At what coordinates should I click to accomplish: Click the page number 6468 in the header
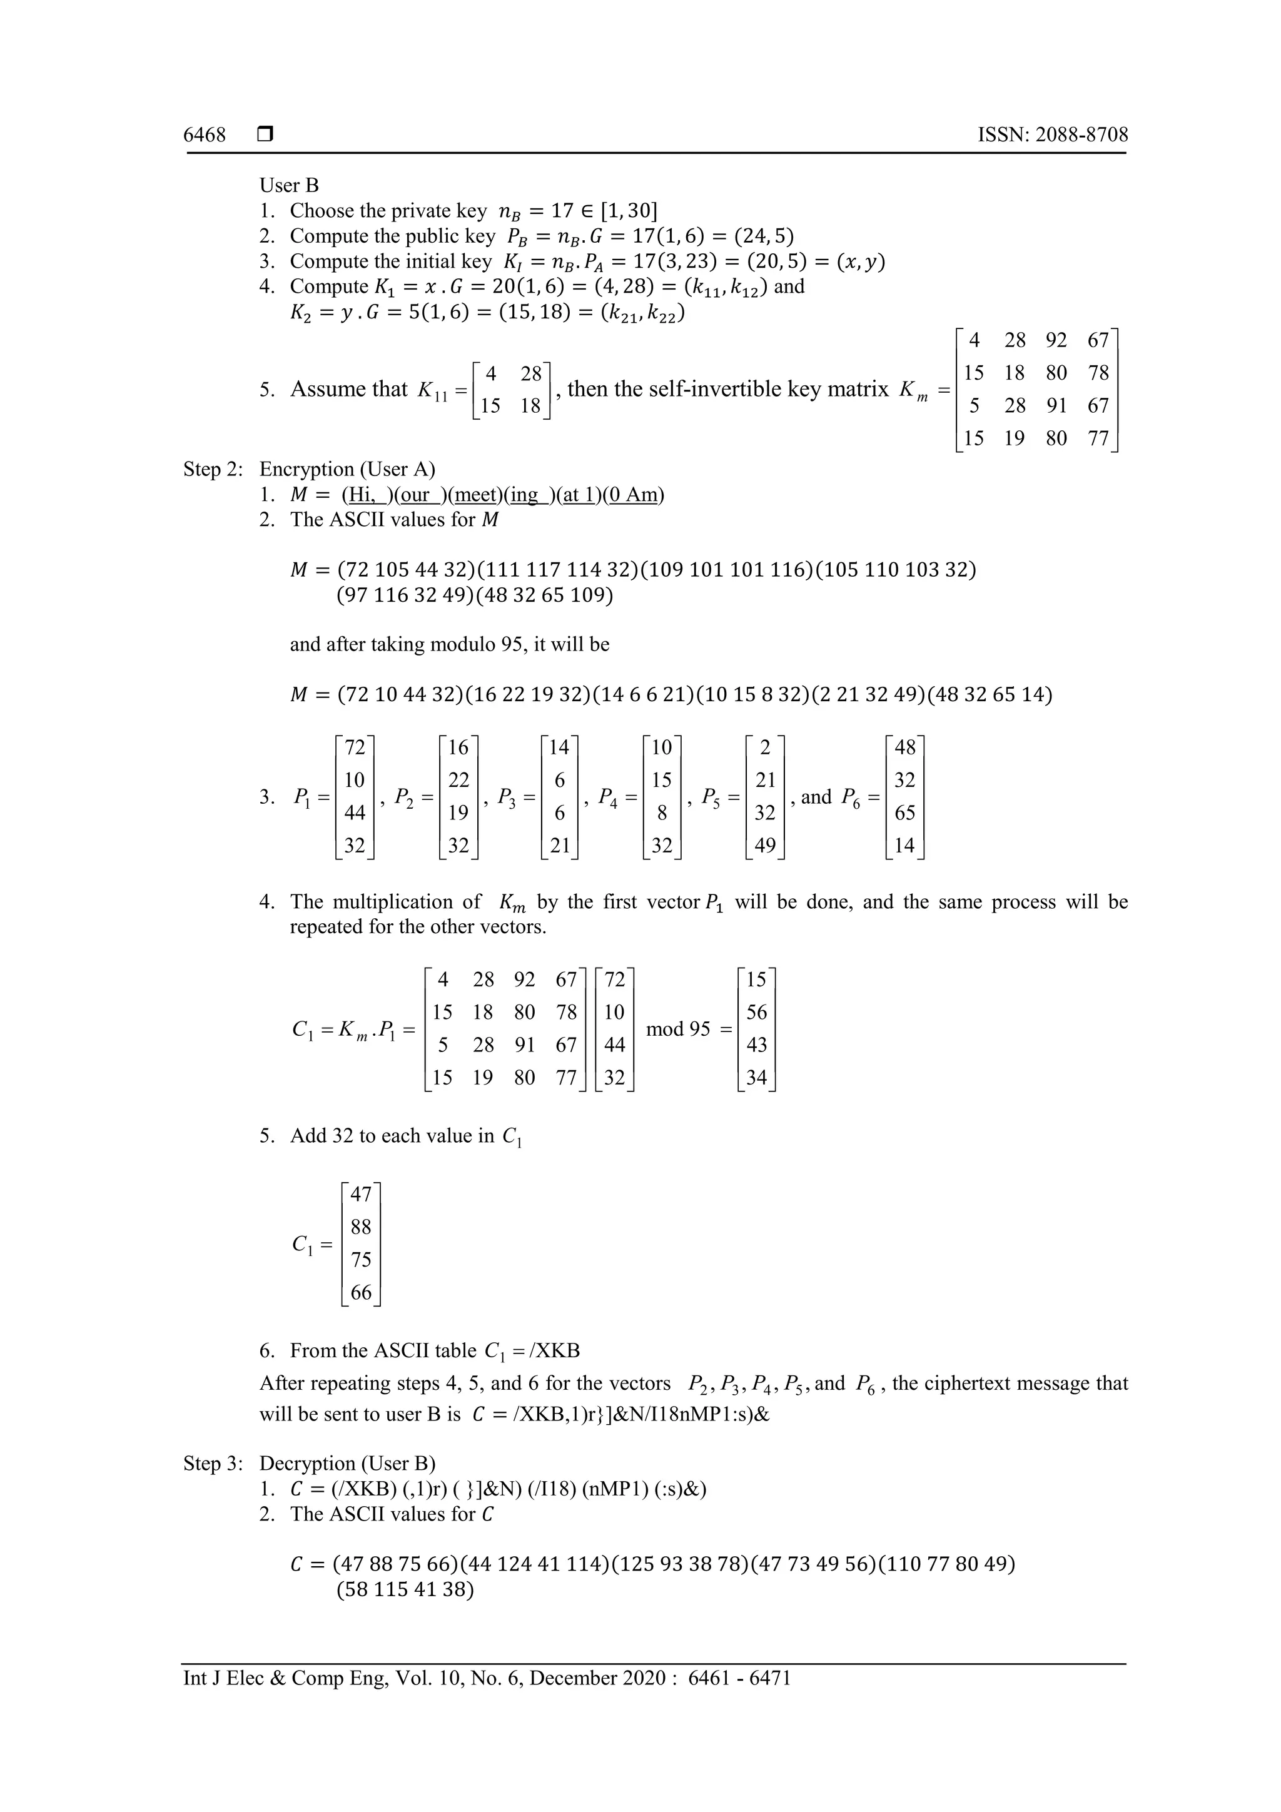[205, 135]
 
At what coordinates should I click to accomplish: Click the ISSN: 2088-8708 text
[1052, 135]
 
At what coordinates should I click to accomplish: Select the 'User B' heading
[289, 186]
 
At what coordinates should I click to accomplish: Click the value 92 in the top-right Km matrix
[1056, 340]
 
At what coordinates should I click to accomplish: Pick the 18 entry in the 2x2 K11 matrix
[531, 406]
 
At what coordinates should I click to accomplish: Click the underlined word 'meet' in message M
[477, 495]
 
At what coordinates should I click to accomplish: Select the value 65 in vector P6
[904, 813]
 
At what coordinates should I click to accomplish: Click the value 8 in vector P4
[661, 813]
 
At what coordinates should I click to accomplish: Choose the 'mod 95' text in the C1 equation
[678, 1029]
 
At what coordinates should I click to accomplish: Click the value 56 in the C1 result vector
[756, 1013]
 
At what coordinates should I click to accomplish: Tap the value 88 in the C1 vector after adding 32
[361, 1227]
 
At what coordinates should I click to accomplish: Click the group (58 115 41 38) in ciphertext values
[405, 1589]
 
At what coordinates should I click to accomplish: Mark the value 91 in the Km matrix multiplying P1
[524, 1045]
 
